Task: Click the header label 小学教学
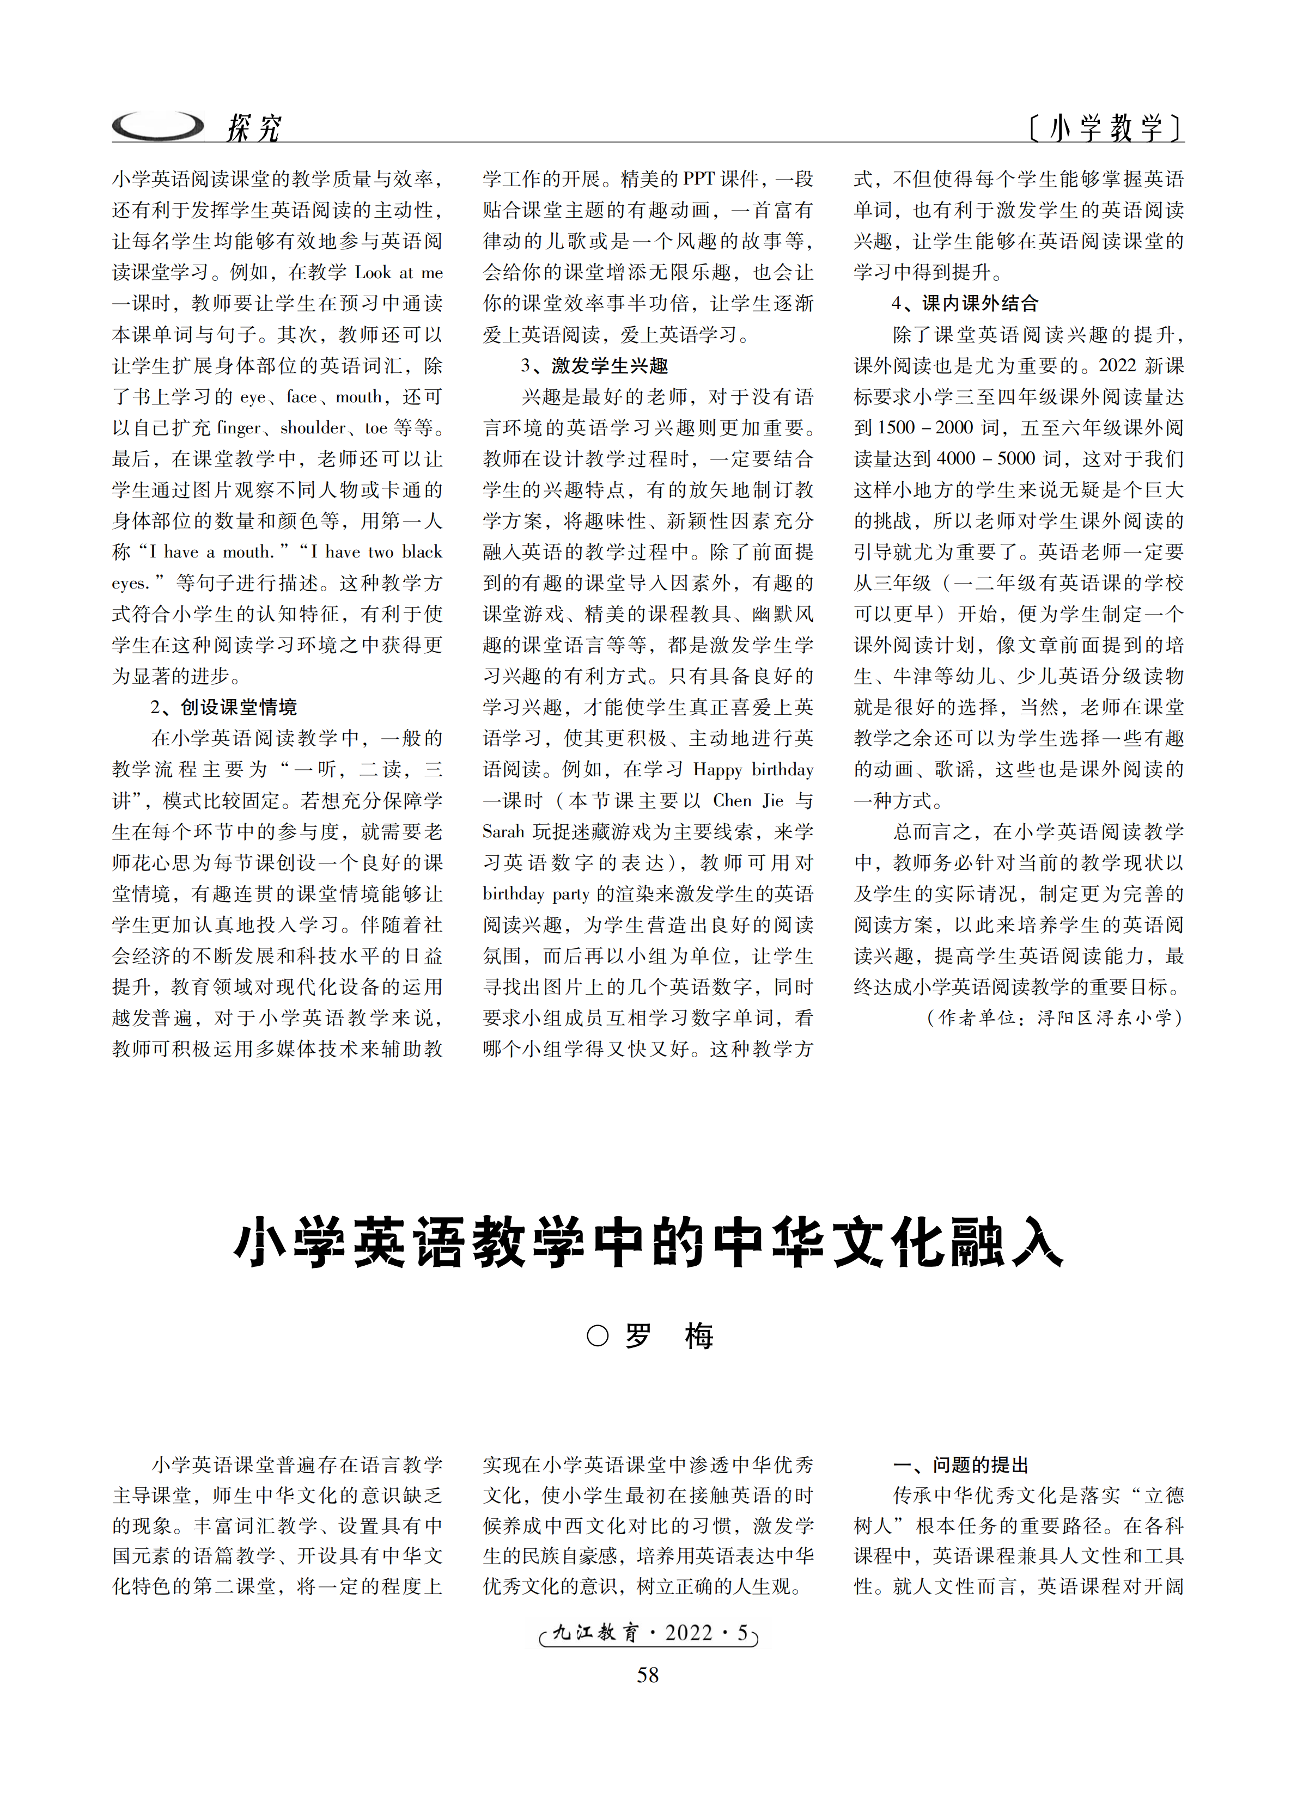[1105, 127]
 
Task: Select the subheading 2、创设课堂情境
[223, 707]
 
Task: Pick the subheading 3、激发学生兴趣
[594, 366]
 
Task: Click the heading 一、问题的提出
[960, 1465]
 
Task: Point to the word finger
[239, 428]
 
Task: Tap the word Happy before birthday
[718, 770]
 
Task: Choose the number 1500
[896, 428]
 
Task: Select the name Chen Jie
[748, 801]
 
